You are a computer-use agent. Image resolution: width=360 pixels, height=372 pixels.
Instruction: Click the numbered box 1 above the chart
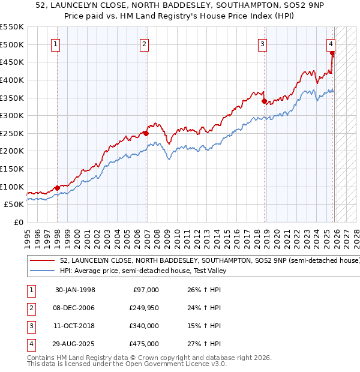[x=56, y=43]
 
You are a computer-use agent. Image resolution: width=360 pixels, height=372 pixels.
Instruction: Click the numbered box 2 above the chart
[x=145, y=43]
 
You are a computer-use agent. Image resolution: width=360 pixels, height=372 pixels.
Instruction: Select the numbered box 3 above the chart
[x=263, y=43]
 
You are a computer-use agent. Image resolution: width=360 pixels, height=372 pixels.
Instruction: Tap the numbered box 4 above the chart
[x=331, y=43]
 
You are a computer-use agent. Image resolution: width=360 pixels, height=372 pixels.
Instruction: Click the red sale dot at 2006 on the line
[x=146, y=133]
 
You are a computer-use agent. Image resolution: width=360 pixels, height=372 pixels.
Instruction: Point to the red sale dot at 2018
[x=264, y=101]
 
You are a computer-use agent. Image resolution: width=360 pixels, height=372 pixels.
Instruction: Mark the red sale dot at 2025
[x=332, y=53]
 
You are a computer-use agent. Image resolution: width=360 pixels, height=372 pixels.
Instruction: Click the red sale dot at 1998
[x=57, y=188]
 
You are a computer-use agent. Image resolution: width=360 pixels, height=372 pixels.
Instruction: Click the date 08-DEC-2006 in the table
[x=74, y=308]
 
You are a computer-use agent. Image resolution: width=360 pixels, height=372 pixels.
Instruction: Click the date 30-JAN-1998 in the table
[x=74, y=290]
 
